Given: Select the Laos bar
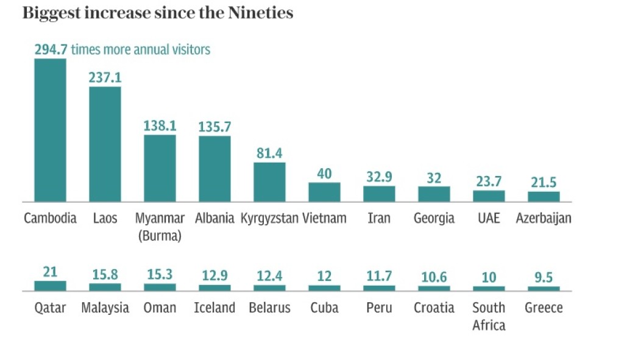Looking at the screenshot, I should [x=105, y=144].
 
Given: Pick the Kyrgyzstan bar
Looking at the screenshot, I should [x=269, y=181].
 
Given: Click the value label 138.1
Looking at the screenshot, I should [x=160, y=126].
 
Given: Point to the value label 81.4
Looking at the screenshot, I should [x=269, y=153].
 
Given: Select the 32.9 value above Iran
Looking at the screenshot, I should [x=379, y=177].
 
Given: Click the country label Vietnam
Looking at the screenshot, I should [x=324, y=218].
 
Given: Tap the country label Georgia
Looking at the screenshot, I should [x=434, y=218].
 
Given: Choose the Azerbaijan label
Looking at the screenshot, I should [x=544, y=218].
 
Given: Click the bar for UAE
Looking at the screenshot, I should [x=489, y=196].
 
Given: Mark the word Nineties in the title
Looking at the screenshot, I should [x=259, y=13].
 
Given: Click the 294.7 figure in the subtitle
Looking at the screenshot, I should [x=51, y=49].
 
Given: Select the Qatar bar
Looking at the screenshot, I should [x=50, y=285].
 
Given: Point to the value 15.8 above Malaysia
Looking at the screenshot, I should [x=105, y=275].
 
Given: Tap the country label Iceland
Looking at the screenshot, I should [x=214, y=308].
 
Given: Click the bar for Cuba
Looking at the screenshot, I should [x=324, y=287].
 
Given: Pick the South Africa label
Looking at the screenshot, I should [x=489, y=316].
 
